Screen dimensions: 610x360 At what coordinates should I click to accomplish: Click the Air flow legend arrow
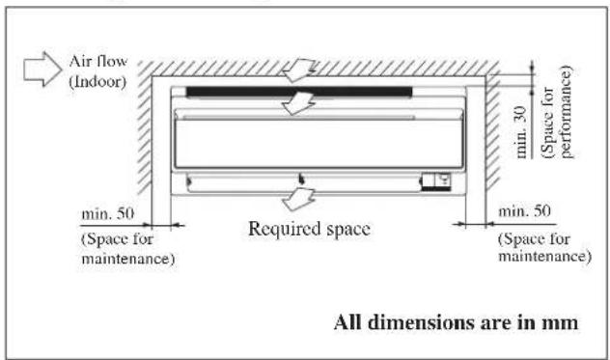pos(42,69)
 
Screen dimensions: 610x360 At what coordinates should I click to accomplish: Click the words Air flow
pos(98,62)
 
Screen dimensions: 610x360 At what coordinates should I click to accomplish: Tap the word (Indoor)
pos(97,82)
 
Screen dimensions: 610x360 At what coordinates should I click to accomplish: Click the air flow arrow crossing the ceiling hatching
pos(299,70)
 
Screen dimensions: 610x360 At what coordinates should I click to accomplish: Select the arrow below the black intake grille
pos(298,103)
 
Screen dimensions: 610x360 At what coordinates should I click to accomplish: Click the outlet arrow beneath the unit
pos(298,199)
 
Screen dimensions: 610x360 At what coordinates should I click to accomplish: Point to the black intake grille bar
pos(299,92)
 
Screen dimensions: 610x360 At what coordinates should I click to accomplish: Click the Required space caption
pos(309,229)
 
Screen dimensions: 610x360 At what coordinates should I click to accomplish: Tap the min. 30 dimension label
pos(521,132)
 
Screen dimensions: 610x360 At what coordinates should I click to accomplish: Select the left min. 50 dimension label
pos(108,213)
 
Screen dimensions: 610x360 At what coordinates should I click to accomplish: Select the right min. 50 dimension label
pos(524,211)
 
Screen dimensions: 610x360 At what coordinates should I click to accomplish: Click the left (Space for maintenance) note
pos(128,249)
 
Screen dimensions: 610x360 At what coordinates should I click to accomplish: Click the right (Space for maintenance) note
pos(544,247)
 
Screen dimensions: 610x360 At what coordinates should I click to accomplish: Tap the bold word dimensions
pos(420,322)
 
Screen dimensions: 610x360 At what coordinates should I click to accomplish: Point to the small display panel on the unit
pos(436,181)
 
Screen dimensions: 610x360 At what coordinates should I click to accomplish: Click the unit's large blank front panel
pos(319,144)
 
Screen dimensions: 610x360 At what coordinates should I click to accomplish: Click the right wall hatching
pos(492,131)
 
